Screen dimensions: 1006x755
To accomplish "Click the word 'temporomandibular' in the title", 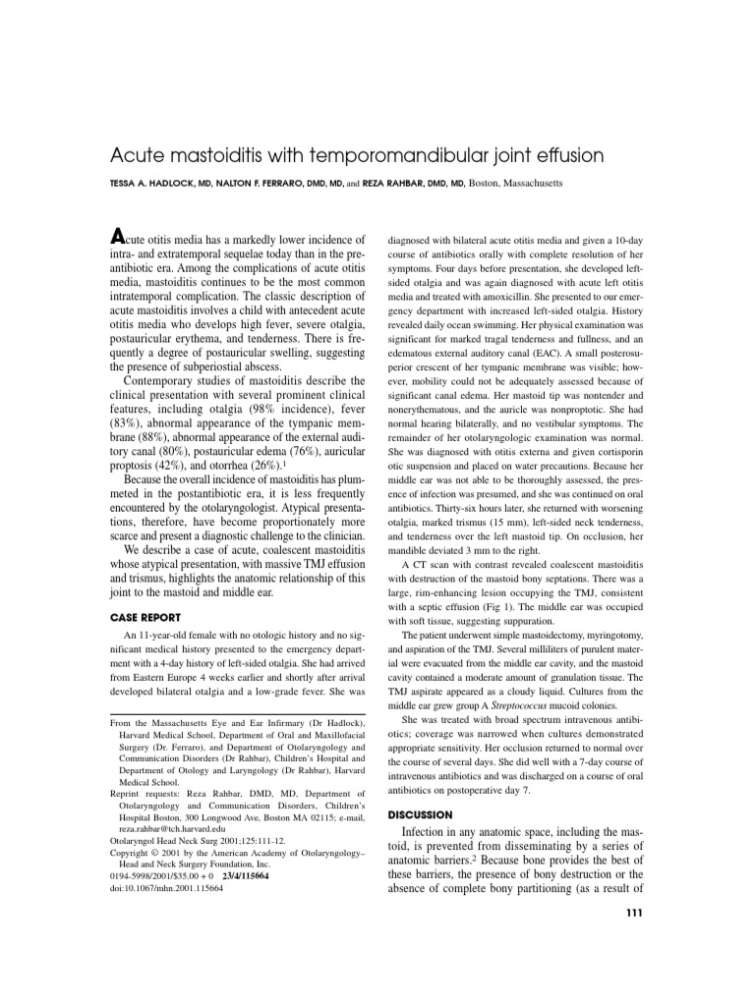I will [394, 156].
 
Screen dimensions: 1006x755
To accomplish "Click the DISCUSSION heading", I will [421, 814].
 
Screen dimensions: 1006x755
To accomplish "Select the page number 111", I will [633, 913].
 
